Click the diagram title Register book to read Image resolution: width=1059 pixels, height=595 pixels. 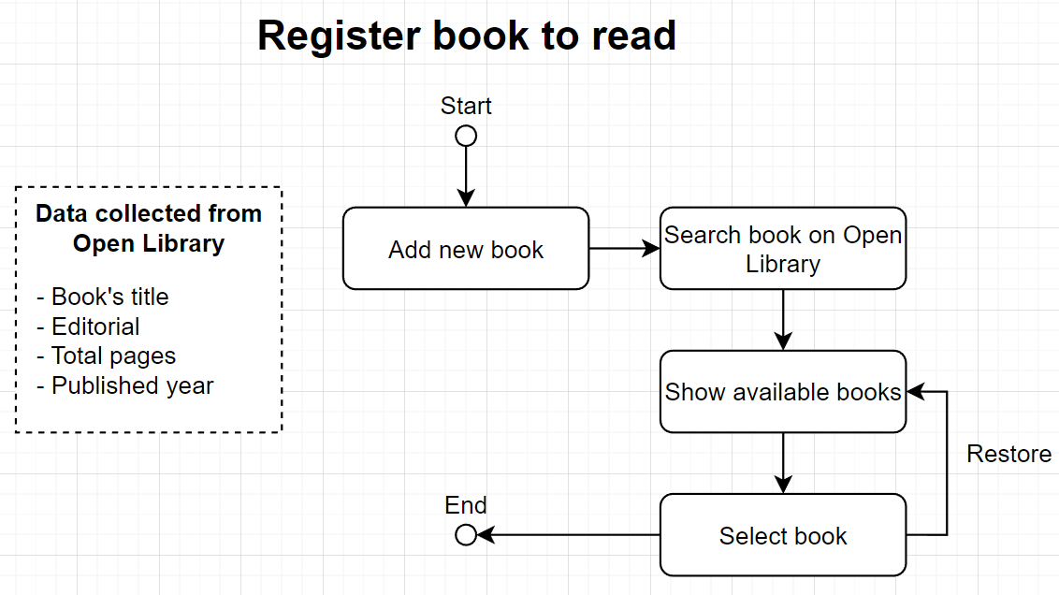coord(466,36)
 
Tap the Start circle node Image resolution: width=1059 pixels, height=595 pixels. coord(466,136)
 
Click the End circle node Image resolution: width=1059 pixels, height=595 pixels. coord(465,535)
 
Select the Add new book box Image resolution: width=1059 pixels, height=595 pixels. coord(466,249)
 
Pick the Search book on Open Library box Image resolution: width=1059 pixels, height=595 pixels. coord(783,249)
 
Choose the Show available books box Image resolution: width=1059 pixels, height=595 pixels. coord(783,391)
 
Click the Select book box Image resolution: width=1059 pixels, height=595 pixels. coord(783,535)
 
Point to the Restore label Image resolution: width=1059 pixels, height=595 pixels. coord(1008,454)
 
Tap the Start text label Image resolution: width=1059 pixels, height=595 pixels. coord(466,106)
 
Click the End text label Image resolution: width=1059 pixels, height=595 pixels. coord(466,506)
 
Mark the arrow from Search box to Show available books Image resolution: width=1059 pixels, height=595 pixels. coord(783,319)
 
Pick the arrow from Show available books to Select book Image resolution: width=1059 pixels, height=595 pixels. coord(783,462)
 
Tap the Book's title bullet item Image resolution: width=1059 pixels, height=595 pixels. coord(103,297)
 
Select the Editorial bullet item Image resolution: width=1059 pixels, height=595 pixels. coord(89,327)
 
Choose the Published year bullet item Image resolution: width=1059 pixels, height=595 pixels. coord(125,385)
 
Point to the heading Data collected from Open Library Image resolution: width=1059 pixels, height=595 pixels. coord(149,228)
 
